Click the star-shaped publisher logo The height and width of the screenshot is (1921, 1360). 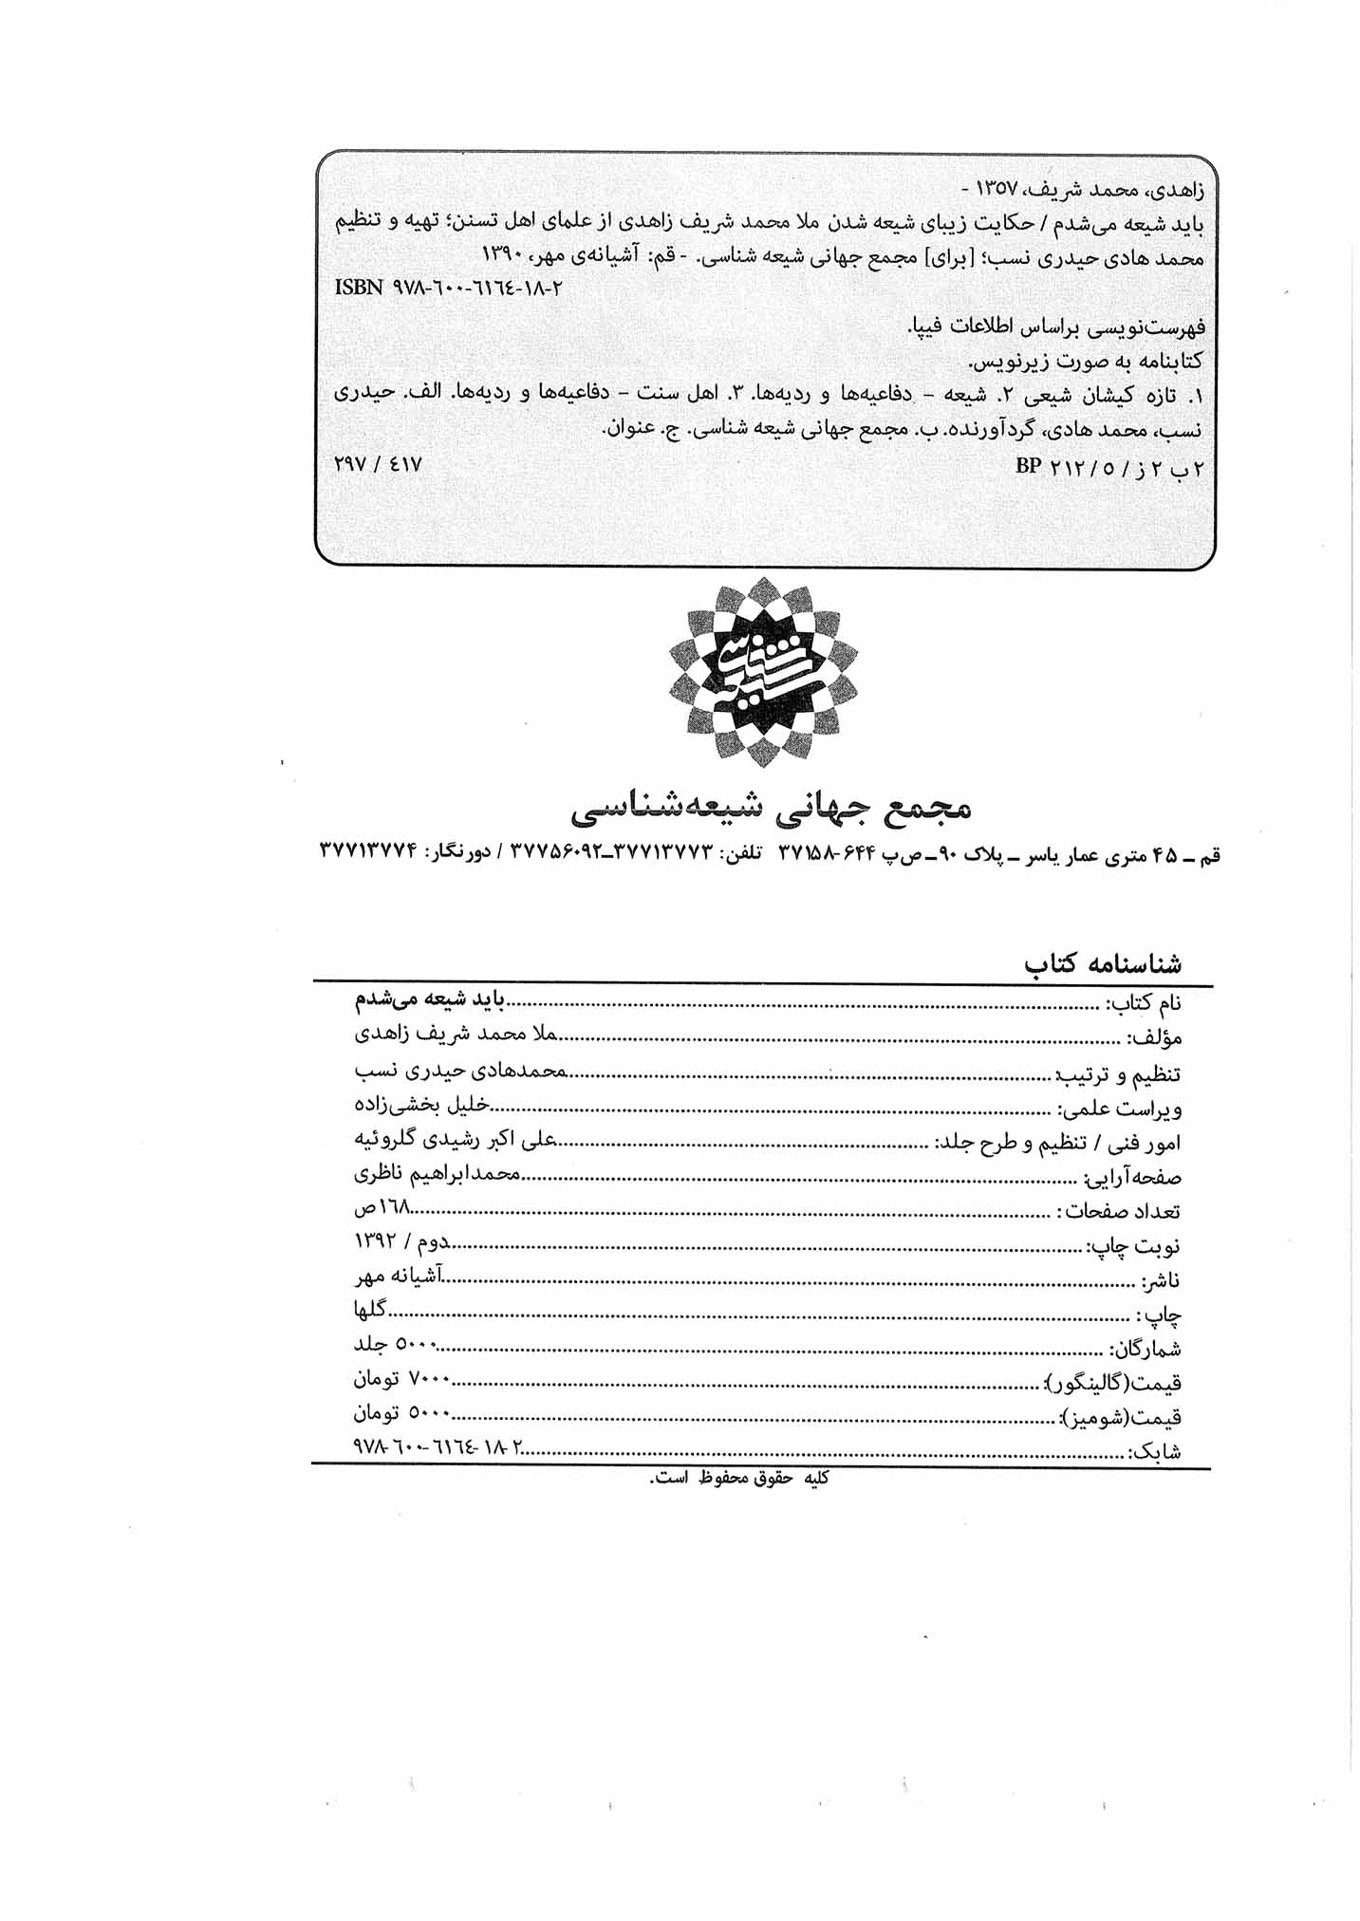click(x=763, y=671)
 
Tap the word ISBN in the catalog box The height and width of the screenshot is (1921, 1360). click(x=359, y=287)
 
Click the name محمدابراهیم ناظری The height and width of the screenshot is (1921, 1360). click(x=437, y=1174)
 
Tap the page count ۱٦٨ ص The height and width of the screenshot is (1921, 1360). click(x=383, y=1208)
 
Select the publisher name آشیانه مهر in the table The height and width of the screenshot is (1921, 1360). click(x=400, y=1278)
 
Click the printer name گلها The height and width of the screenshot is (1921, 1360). click(x=371, y=1310)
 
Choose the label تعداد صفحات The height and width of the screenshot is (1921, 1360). click(x=1120, y=1211)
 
